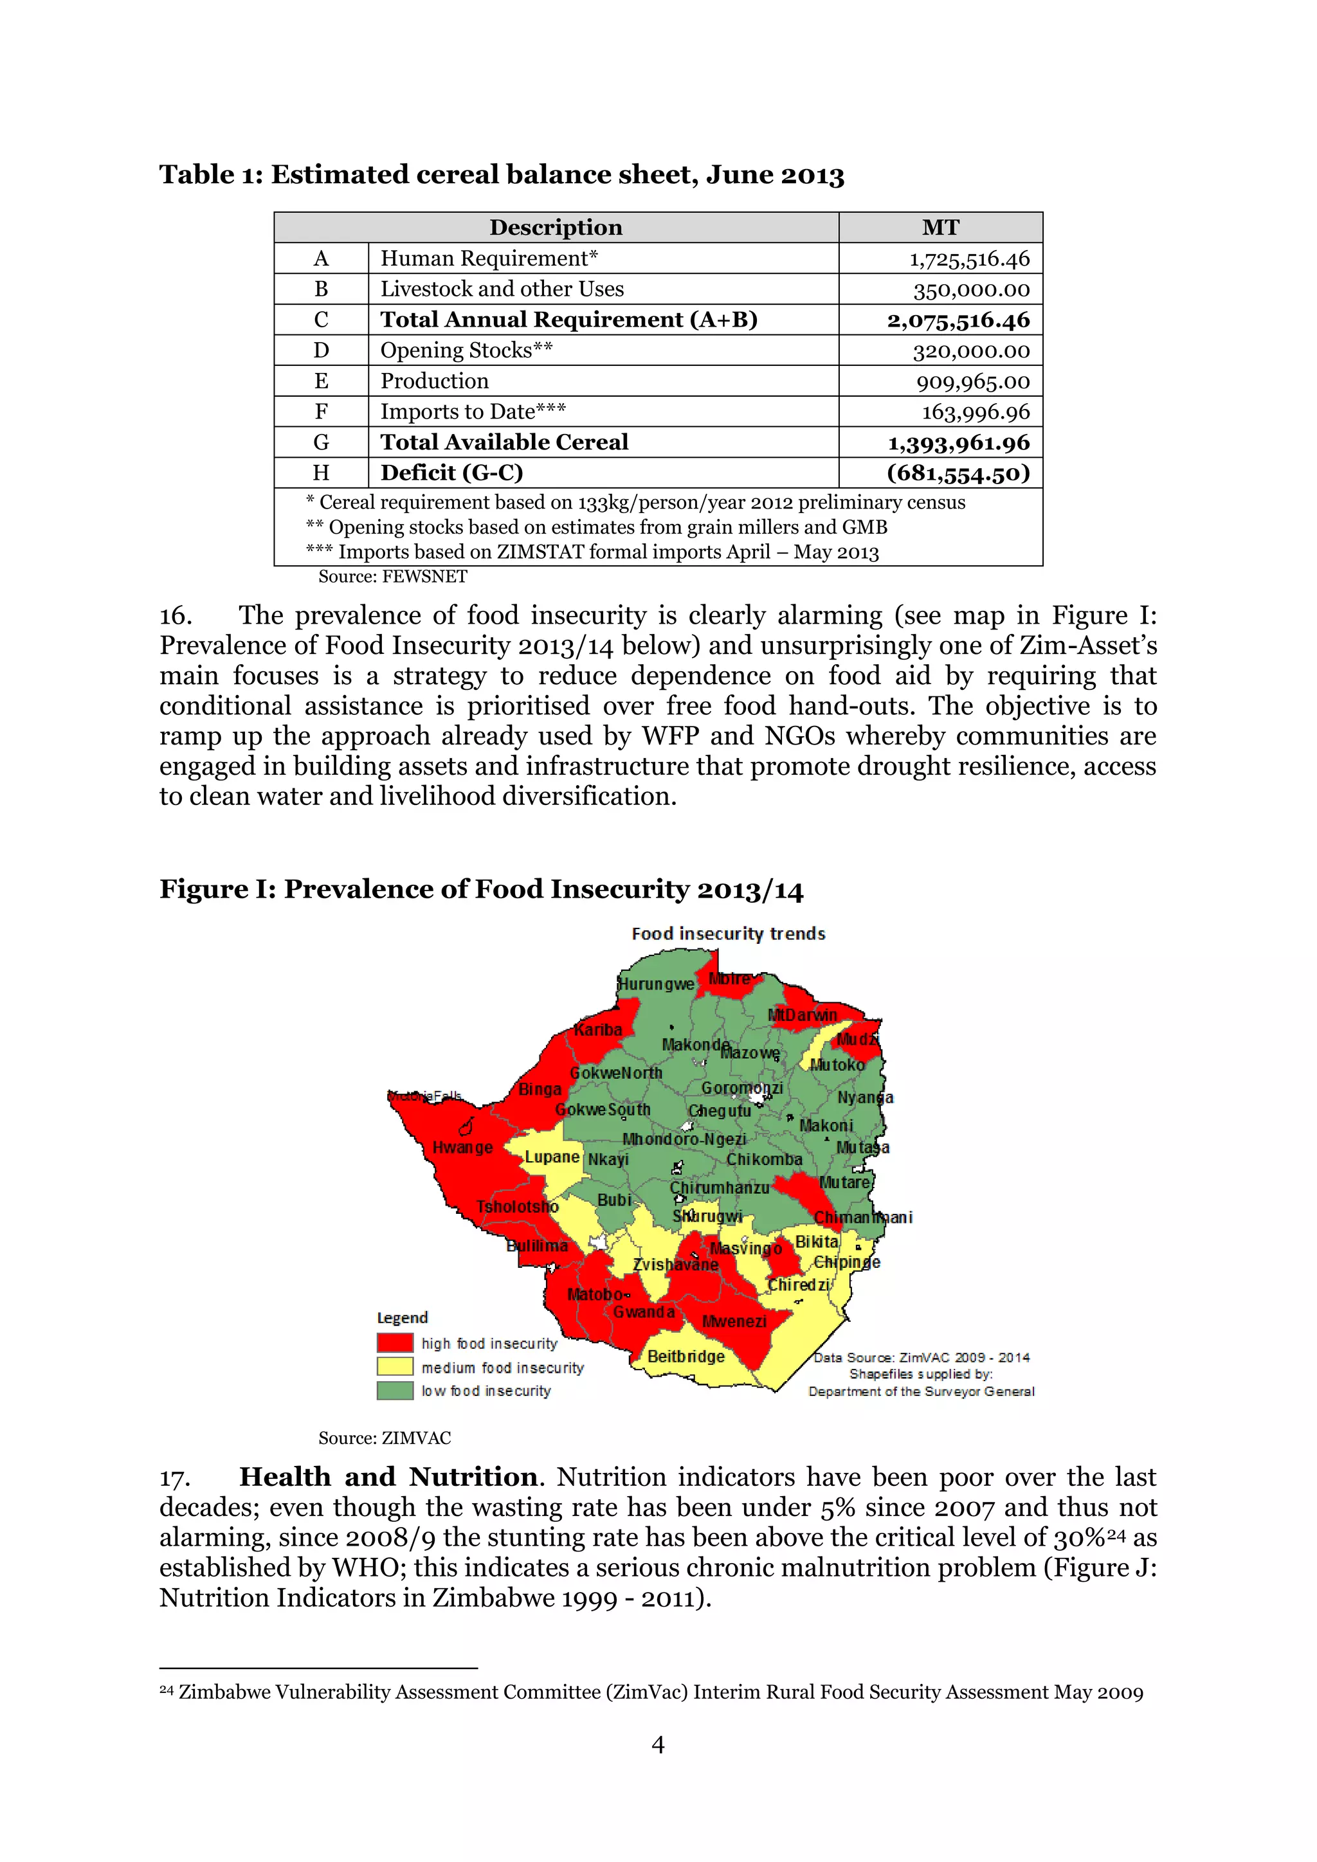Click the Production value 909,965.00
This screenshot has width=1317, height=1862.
[x=972, y=381]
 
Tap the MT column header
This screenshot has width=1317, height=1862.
[x=940, y=227]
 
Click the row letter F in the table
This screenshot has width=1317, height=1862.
[x=321, y=412]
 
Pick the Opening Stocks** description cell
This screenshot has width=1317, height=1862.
[x=466, y=350]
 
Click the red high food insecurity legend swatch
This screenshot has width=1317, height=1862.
[x=395, y=1343]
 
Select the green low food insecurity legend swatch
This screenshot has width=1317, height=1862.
[x=395, y=1390]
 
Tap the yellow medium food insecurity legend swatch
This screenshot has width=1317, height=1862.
[x=395, y=1366]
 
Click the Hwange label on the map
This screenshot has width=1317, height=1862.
[x=462, y=1148]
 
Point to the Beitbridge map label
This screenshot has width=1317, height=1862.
[x=686, y=1356]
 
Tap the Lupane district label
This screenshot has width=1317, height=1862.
[x=552, y=1157]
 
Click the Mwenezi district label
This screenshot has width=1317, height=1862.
[x=734, y=1321]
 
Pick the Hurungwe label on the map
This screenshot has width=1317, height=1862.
[x=656, y=984]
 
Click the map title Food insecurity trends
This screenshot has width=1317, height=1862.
[x=728, y=934]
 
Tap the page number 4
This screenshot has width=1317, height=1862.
[x=658, y=1744]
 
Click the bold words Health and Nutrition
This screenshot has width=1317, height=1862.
[x=388, y=1477]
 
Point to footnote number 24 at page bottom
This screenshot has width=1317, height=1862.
[x=167, y=1690]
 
